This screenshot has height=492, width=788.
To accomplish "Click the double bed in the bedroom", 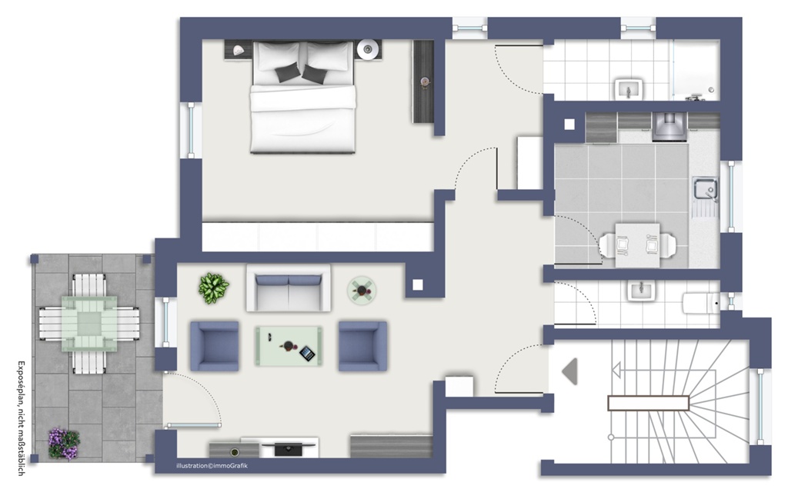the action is [x=302, y=97].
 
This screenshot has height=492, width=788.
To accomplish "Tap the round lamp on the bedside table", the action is [x=368, y=49].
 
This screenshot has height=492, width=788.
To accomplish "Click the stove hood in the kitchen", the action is [x=669, y=126].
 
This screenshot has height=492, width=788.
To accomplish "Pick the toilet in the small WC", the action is [x=701, y=303].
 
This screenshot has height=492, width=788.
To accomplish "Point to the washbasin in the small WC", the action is [x=641, y=291].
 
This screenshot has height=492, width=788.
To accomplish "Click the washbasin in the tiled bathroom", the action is [x=628, y=89].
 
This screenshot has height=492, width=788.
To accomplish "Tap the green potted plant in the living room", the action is [x=213, y=288].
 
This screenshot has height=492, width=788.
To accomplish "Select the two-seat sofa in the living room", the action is [x=288, y=289].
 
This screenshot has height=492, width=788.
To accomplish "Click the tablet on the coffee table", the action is [x=307, y=354].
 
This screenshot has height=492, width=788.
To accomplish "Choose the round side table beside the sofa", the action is [x=362, y=290].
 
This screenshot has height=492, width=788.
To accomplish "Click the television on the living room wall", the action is [x=289, y=448].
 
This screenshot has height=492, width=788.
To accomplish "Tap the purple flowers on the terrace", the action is [x=64, y=444].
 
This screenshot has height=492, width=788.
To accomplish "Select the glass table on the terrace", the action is [x=89, y=324].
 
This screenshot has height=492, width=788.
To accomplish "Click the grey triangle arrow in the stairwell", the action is [x=569, y=371].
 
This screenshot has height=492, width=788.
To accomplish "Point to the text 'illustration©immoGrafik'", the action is [x=212, y=466].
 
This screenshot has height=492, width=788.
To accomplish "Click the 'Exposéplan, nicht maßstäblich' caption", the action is [x=22, y=417].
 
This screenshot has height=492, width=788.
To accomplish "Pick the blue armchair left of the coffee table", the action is [x=215, y=347].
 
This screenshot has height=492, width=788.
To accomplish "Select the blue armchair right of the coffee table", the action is [x=363, y=347].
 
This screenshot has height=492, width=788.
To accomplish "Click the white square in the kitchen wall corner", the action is [x=569, y=124].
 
